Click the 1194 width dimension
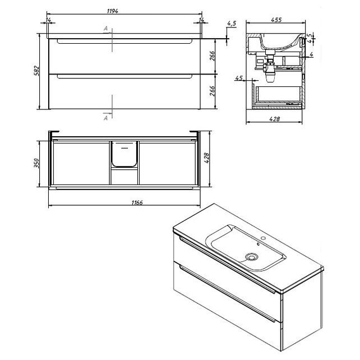pos(113,11)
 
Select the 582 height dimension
pos(37,71)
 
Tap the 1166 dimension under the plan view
pos(137,202)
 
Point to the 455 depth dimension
pos(276,20)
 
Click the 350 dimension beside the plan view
pos(37,163)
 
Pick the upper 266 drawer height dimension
pos(213,56)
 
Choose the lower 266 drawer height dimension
pos(213,91)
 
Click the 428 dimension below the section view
pos(274,119)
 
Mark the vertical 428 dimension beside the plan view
pos(206,158)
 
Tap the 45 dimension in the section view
pos(239,78)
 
